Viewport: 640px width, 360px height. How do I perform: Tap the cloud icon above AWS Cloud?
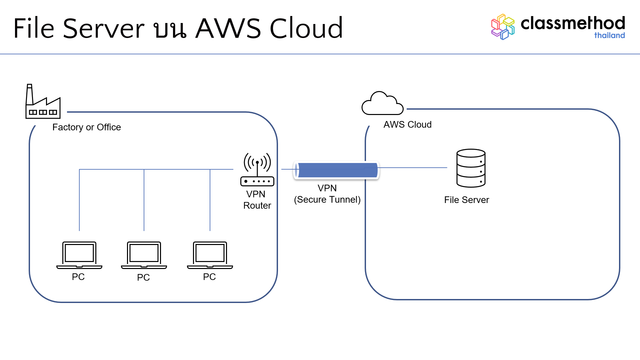pyautogui.click(x=382, y=104)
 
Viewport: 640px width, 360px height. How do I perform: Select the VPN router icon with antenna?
pyautogui.click(x=257, y=170)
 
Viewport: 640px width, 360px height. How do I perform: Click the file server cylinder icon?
pyautogui.click(x=471, y=168)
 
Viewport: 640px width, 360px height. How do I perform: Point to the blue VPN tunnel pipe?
pyautogui.click(x=336, y=170)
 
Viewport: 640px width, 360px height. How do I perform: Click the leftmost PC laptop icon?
pyautogui.click(x=79, y=255)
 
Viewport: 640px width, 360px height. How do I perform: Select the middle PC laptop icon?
pyautogui.click(x=144, y=255)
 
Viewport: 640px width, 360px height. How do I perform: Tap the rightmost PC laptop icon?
pyautogui.click(x=210, y=255)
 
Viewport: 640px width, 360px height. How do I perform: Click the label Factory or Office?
pyautogui.click(x=87, y=127)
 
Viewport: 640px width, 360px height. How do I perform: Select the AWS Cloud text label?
pyautogui.click(x=407, y=125)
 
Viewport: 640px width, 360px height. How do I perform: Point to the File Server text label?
pyautogui.click(x=466, y=200)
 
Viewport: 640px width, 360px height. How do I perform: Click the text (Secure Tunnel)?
pyautogui.click(x=327, y=200)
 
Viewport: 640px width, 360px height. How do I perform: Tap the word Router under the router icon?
pyautogui.click(x=257, y=206)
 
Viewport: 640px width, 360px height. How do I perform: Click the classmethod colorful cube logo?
pyautogui.click(x=503, y=27)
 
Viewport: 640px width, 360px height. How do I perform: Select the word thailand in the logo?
pyautogui.click(x=609, y=35)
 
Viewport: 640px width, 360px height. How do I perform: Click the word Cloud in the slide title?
pyautogui.click(x=306, y=29)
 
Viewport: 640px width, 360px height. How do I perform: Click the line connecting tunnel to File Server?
pyautogui.click(x=413, y=168)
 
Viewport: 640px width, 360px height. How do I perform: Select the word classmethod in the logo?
pyautogui.click(x=572, y=23)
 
